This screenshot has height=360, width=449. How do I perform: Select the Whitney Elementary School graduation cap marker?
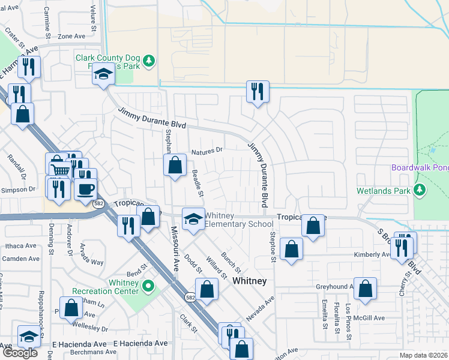193,220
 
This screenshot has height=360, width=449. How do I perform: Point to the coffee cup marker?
85,189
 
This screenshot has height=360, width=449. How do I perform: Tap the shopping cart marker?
59,170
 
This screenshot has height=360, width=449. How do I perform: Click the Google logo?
20,353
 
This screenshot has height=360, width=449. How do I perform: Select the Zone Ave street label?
71,37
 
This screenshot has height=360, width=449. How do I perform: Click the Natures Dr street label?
207,151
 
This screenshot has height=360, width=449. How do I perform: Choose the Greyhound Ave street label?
340,287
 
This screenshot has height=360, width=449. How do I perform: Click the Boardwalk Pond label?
420,168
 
